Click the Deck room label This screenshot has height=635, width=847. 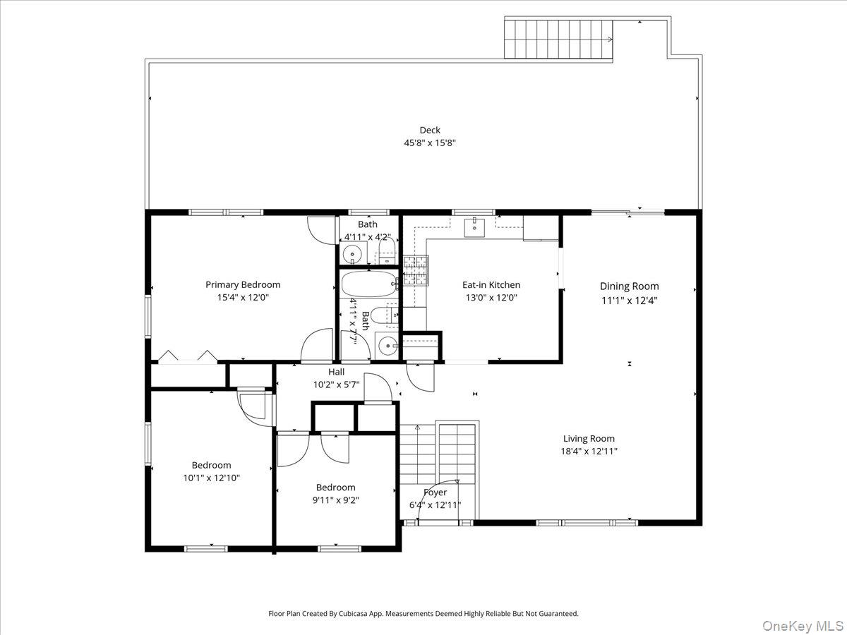tap(430, 130)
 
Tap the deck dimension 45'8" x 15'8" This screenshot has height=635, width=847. tap(430, 142)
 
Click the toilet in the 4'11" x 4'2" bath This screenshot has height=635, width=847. tap(386, 248)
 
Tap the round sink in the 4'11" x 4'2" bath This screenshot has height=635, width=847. tap(352, 254)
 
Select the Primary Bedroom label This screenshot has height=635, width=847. tap(243, 285)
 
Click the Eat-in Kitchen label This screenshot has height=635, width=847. tap(491, 285)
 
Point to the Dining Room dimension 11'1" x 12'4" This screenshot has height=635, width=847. tap(629, 299)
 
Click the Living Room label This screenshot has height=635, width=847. tap(589, 438)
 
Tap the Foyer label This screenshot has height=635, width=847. tap(435, 492)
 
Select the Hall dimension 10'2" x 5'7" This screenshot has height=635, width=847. tap(336, 385)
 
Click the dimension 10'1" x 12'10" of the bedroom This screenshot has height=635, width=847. tap(212, 478)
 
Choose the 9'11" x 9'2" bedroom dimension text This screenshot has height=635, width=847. tap(335, 500)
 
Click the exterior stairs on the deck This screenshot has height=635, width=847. tap(558, 39)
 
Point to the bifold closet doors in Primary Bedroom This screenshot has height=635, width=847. tap(187, 357)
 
